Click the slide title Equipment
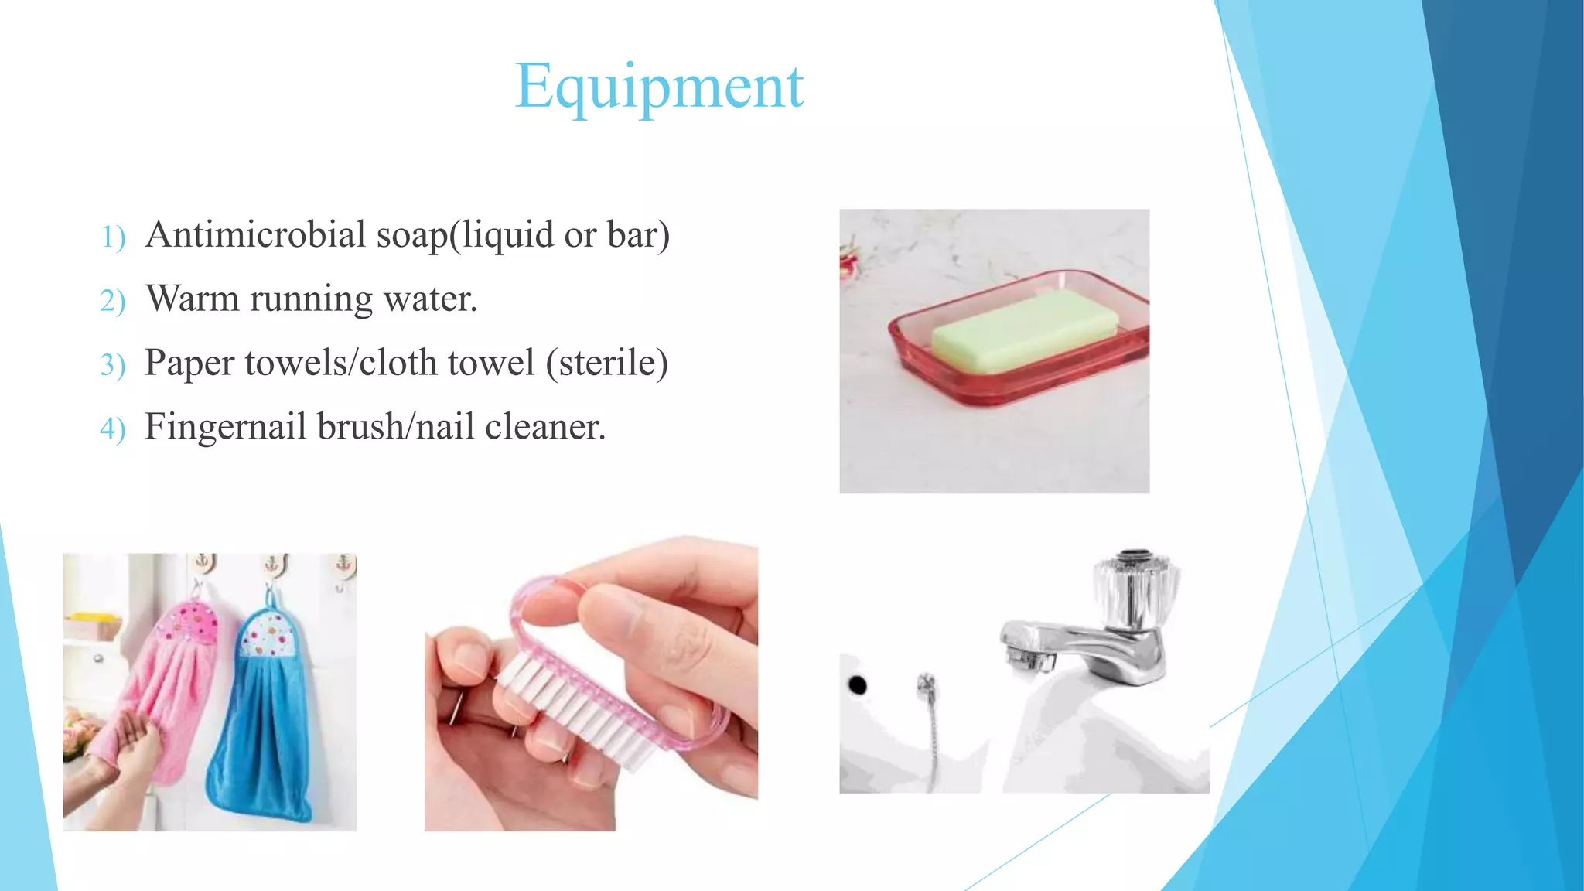(659, 87)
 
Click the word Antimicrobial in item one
(255, 234)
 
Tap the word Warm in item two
(193, 299)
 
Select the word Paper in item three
(189, 363)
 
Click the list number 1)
(113, 237)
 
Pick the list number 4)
(113, 428)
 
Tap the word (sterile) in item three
(606, 363)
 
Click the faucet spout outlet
(1029, 661)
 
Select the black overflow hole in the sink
(857, 684)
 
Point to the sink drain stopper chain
(930, 727)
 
